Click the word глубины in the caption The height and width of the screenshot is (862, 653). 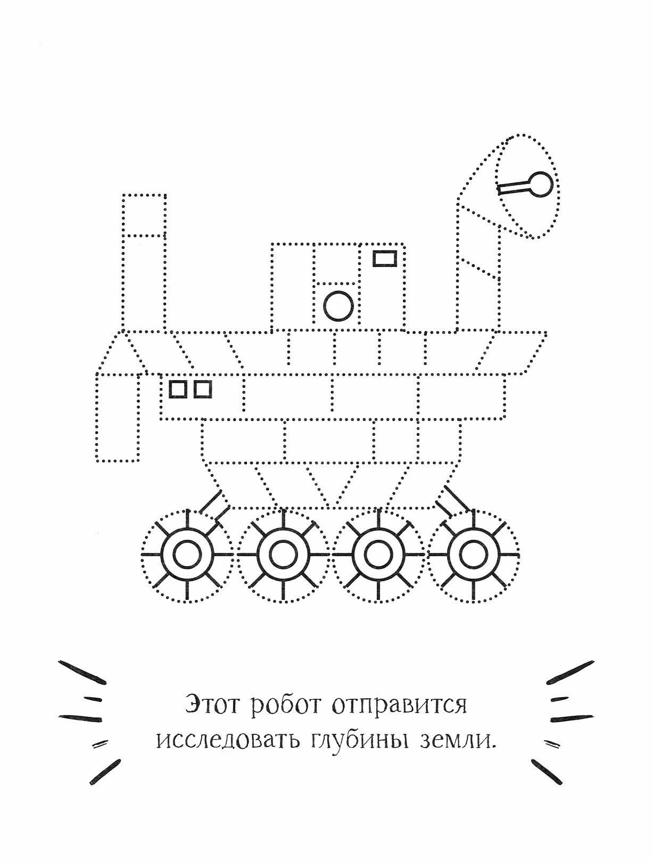click(x=355, y=741)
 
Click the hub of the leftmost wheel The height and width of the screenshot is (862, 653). click(x=187, y=555)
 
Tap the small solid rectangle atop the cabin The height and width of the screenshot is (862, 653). click(x=384, y=258)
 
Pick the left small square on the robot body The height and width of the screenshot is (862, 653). click(x=178, y=389)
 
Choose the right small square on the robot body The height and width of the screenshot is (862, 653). click(x=203, y=389)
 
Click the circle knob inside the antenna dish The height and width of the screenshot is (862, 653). click(x=541, y=185)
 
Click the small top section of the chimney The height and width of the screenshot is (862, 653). click(x=144, y=215)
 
